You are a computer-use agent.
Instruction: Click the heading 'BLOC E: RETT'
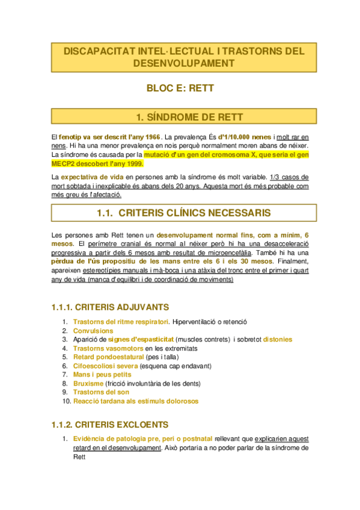tap(180, 88)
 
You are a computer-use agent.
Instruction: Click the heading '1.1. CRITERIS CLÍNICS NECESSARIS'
tap(180, 213)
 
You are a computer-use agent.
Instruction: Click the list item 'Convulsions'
tap(93, 331)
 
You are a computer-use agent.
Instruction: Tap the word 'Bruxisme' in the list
tap(88, 383)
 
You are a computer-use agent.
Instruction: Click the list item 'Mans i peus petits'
tap(102, 375)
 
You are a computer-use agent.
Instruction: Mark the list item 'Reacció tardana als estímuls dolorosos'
tap(135, 401)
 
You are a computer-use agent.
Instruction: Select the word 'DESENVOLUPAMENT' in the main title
tap(180, 63)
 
